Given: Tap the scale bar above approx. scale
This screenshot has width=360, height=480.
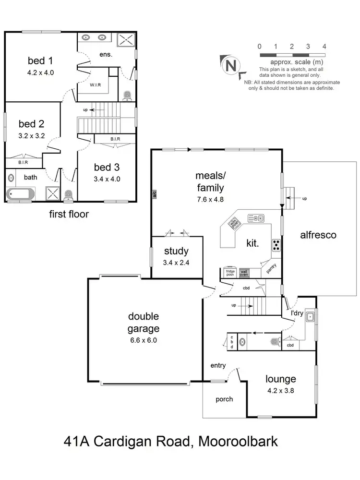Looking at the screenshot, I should [292, 56].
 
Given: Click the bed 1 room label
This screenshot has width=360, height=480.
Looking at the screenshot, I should [40, 61].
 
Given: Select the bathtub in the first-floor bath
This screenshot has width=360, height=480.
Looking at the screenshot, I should [21, 194].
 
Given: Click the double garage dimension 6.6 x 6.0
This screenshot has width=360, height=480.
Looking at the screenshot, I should [144, 340].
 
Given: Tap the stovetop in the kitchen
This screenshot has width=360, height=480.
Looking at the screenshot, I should [276, 245].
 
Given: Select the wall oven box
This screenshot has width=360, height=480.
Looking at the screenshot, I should [244, 273].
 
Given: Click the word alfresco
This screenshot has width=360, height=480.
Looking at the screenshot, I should [318, 235].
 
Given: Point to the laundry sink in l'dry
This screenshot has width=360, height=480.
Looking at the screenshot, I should [311, 316].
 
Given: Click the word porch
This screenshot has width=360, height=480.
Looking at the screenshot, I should [224, 399].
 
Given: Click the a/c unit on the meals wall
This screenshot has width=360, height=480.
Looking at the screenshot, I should [155, 194].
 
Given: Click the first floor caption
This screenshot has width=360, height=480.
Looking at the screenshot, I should [69, 214].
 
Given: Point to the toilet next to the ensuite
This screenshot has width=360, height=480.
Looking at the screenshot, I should [127, 96].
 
